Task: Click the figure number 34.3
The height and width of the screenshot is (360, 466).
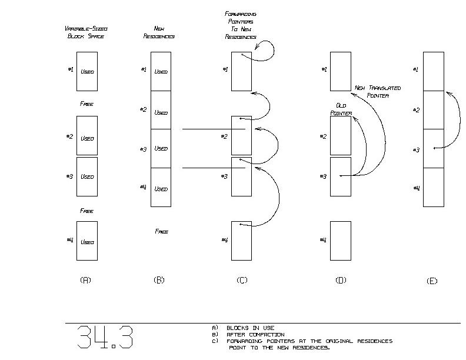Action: point(105,337)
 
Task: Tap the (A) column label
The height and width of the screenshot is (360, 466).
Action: point(85,280)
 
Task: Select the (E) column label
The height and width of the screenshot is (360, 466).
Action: point(432,281)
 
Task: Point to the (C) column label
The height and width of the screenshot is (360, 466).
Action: point(242,280)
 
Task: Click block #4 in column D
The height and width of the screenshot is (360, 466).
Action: point(341,241)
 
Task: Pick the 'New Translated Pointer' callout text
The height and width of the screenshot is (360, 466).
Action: point(378,92)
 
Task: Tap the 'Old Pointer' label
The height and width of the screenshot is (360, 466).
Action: point(341,109)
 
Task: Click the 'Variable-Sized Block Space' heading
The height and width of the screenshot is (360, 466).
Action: point(86,32)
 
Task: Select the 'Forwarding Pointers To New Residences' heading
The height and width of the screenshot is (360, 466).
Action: point(241,25)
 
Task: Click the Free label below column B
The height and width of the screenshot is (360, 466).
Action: point(161,231)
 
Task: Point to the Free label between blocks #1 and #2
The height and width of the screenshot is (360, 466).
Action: point(86,104)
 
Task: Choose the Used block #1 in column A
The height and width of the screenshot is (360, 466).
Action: point(87,72)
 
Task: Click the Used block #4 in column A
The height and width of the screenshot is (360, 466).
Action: point(87,241)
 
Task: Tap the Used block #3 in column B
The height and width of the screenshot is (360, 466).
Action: point(161,148)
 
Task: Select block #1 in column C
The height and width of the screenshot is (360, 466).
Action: point(242,72)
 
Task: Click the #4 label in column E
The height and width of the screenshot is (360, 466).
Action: point(417,188)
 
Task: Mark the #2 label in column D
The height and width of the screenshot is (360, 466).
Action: point(323,136)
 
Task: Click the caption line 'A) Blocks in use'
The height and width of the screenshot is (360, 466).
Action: point(243,328)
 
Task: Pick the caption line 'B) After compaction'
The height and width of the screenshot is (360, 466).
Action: point(248,335)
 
